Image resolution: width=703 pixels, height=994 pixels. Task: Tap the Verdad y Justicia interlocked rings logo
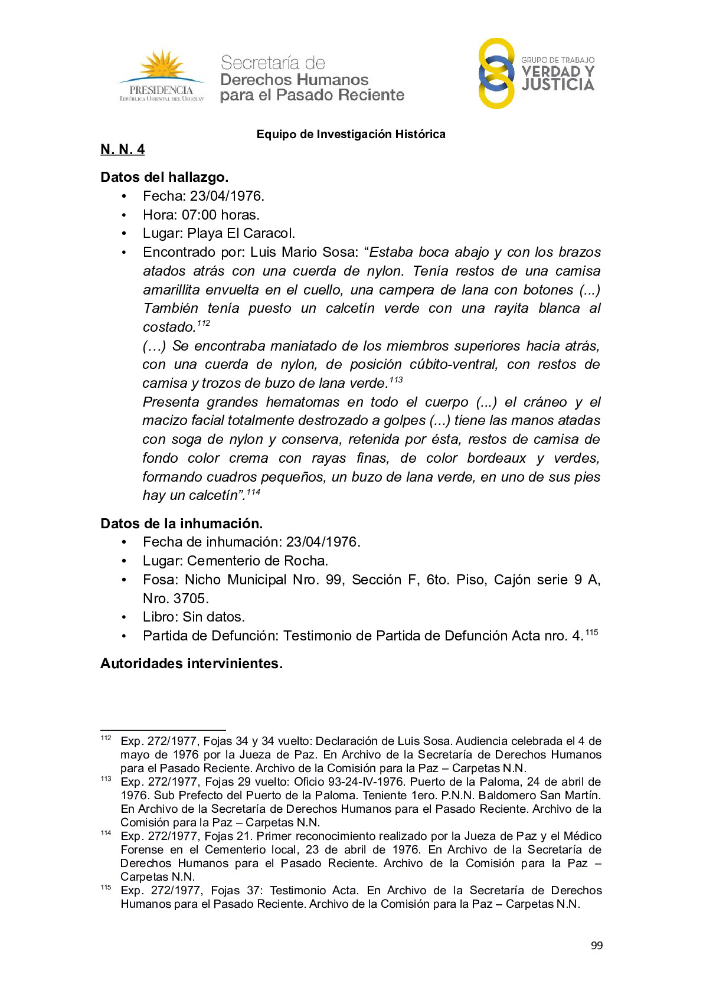point(496,74)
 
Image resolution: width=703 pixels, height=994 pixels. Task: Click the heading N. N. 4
point(122,149)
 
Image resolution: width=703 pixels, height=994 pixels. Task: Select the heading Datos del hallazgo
point(164,177)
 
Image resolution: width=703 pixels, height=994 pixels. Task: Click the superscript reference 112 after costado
point(203,323)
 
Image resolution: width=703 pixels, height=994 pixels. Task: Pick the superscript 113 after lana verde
point(396,380)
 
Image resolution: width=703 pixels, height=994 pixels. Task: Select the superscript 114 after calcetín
point(253,492)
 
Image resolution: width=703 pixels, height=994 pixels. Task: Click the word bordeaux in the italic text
point(496,458)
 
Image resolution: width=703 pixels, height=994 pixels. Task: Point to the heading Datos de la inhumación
point(181,524)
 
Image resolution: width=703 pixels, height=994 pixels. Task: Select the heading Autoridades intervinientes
point(191,663)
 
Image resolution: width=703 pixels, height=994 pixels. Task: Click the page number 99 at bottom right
point(597,946)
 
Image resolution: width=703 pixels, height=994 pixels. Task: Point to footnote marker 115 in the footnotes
point(106,887)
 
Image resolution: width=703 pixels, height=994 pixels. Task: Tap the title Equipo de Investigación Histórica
point(351,134)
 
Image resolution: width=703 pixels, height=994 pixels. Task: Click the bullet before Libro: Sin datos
point(124,617)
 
